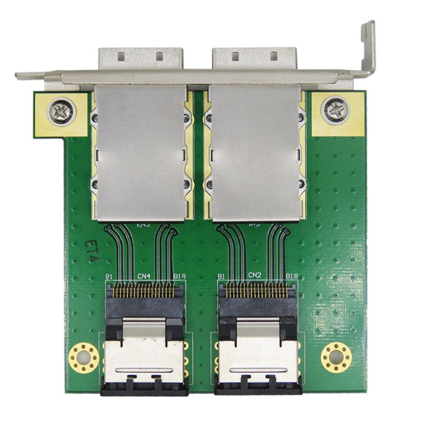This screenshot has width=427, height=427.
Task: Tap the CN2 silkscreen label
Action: click(255, 276)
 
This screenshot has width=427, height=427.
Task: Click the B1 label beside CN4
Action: click(109, 276)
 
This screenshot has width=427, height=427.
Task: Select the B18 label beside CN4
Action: click(180, 276)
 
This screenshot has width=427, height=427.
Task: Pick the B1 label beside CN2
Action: click(222, 276)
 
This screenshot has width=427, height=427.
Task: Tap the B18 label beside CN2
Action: click(292, 276)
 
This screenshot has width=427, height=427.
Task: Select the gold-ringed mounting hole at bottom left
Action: click(84, 358)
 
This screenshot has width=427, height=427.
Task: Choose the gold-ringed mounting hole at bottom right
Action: click(336, 358)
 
